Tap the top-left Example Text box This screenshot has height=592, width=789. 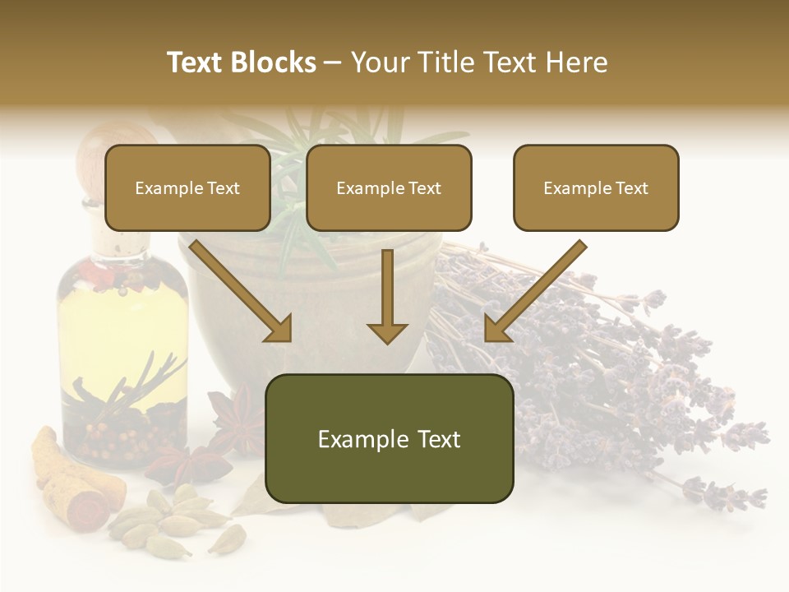click(187, 188)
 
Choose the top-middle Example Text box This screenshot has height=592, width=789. click(389, 188)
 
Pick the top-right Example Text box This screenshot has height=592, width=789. click(596, 188)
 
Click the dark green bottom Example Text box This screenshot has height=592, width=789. click(389, 439)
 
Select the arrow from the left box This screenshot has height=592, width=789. click(242, 292)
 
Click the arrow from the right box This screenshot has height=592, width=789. click(534, 292)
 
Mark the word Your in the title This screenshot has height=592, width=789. click(381, 62)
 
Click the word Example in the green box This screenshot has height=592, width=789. click(355, 439)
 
